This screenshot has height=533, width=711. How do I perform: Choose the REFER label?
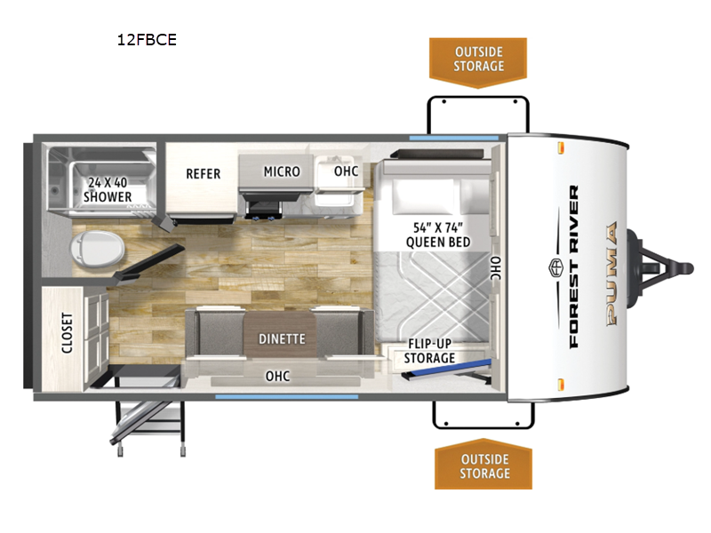[x=203, y=173]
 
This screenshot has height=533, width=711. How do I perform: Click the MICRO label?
[x=281, y=171]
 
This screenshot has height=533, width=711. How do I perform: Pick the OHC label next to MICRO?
[x=346, y=171]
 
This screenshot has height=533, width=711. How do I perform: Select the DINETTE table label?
[x=282, y=338]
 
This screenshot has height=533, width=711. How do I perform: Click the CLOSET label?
[x=68, y=332]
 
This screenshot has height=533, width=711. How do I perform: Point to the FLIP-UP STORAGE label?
[x=431, y=351]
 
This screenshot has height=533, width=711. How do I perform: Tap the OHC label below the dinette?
[x=278, y=376]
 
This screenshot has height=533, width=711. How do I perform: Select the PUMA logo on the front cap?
[x=611, y=275]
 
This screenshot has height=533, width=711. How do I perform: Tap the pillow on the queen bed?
[x=423, y=195]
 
